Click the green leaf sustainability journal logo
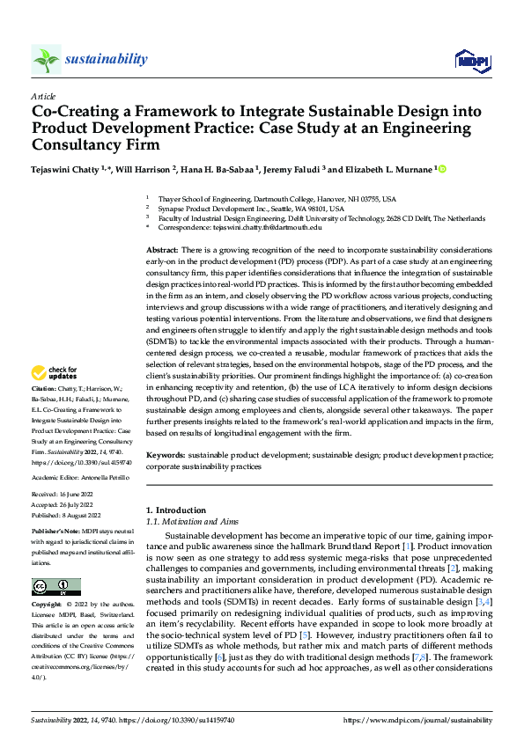point(46,59)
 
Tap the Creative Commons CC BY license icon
point(55,586)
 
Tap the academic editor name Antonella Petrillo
point(104,475)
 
